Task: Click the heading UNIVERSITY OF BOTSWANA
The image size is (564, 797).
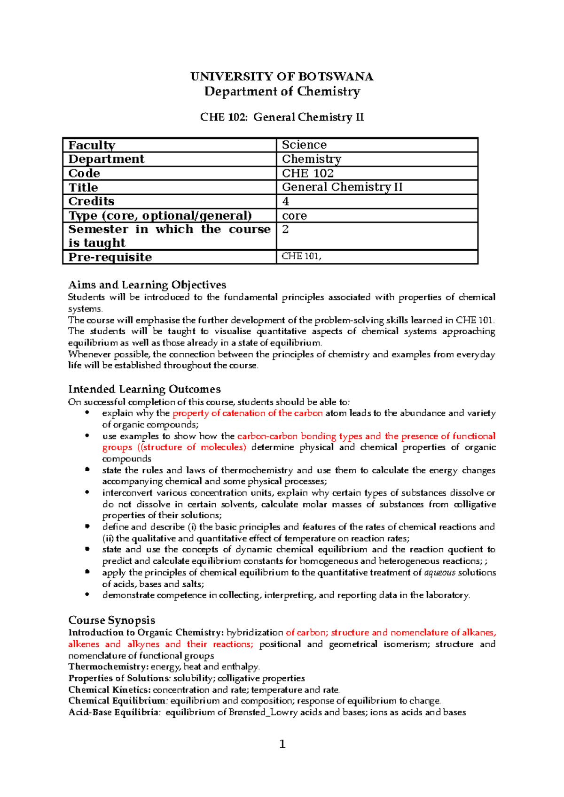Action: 282,77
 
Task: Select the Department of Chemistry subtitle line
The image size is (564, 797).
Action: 282,91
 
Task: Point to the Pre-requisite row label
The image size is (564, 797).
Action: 110,257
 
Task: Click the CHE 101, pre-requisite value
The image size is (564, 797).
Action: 301,256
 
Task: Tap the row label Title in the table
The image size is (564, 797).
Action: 83,187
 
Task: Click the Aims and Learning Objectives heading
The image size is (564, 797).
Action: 147,285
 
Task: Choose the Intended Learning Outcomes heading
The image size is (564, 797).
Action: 144,389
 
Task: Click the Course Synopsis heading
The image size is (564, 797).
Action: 111,620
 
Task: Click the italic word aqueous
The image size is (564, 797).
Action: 440,573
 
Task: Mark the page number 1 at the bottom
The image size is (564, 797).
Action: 282,744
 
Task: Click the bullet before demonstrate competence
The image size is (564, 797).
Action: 87,595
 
